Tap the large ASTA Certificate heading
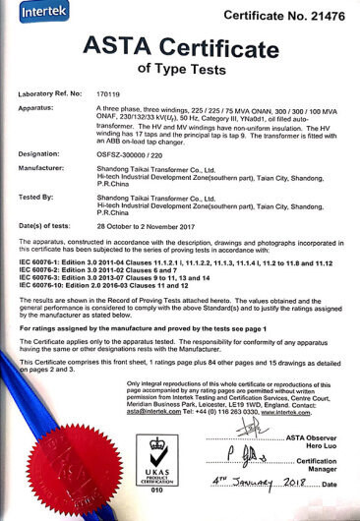pyautogui.click(x=179, y=45)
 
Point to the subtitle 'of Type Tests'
pyautogui.click(x=180, y=68)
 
